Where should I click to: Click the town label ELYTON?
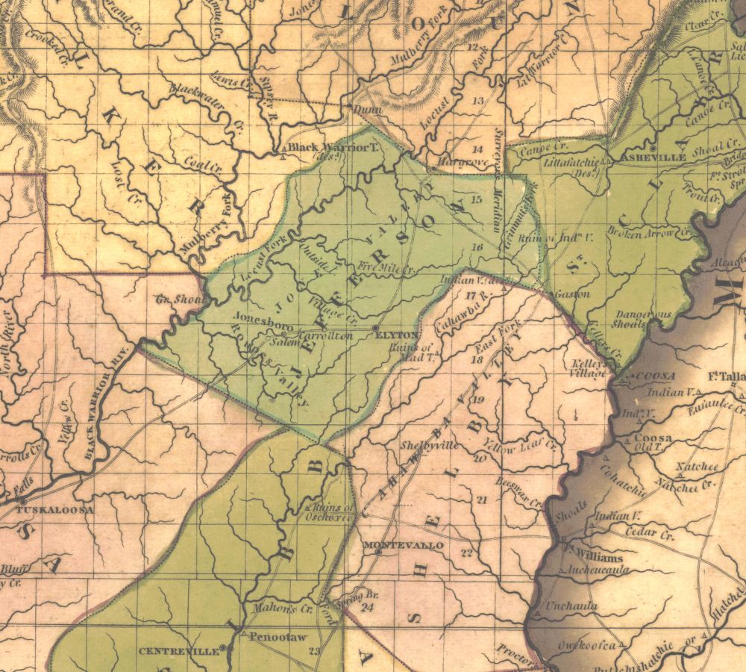pyautogui.click(x=398, y=335)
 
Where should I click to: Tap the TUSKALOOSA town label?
pyautogui.click(x=55, y=509)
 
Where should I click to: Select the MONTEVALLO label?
pyautogui.click(x=403, y=546)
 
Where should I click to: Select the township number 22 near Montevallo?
pyautogui.click(x=467, y=553)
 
